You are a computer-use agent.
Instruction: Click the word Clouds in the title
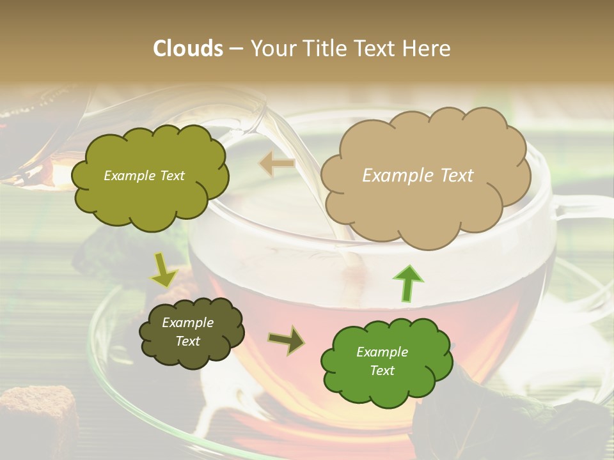(x=187, y=49)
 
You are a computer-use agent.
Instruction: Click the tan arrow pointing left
(x=276, y=164)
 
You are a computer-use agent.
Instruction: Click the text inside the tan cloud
(x=418, y=176)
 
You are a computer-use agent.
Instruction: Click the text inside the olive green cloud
(x=144, y=176)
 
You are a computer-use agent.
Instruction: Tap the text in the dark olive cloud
(x=187, y=332)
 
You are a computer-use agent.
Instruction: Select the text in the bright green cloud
(x=382, y=361)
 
